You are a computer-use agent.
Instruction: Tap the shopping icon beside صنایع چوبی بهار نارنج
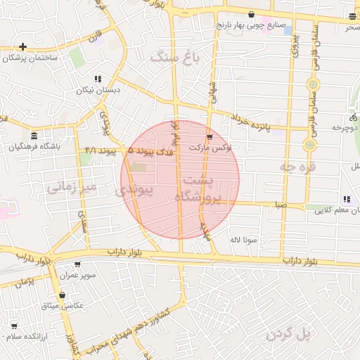tap(252, 14)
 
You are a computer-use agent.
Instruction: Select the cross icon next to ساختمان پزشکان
tap(23, 47)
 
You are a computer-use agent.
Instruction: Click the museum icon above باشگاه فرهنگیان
tap(34, 136)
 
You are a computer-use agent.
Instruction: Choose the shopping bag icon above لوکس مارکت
tap(209, 136)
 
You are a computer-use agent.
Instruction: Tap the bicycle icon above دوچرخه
tap(353, 117)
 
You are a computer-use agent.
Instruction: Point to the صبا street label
tap(281, 205)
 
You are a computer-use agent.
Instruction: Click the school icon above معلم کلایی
tap(346, 199)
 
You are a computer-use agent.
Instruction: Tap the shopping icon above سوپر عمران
tap(77, 264)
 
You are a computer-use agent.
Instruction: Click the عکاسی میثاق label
tap(64, 306)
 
